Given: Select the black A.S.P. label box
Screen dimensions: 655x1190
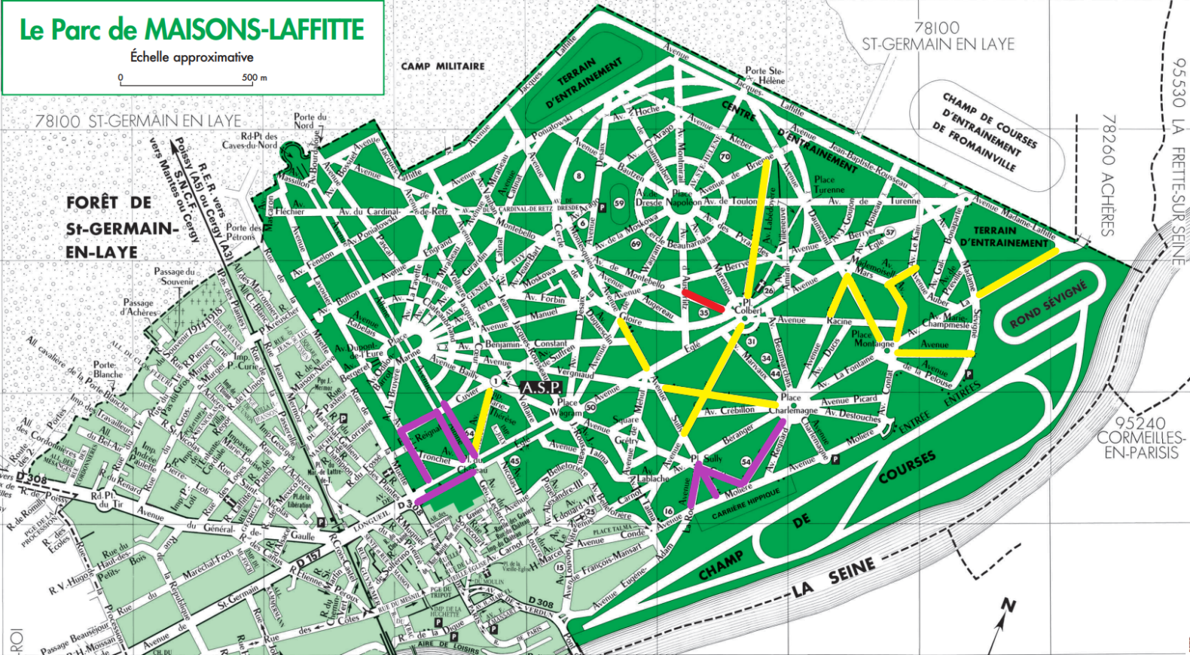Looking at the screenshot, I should tap(541, 387).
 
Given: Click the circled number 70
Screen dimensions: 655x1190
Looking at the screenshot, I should tap(725, 157).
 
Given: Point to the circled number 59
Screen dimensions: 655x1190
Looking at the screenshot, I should tap(619, 203).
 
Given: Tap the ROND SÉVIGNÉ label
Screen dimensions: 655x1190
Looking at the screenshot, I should tap(1048, 303).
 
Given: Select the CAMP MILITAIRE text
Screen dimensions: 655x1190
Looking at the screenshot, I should tap(443, 66).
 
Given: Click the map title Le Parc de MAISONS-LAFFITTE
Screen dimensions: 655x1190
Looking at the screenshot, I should tap(191, 30).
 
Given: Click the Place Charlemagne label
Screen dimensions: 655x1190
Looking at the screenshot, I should tap(792, 404).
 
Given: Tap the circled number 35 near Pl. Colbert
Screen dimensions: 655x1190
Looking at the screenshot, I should tap(704, 312).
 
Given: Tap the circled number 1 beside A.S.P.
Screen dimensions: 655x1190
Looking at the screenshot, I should tap(496, 382).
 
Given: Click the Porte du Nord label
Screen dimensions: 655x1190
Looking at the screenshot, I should tap(310, 120).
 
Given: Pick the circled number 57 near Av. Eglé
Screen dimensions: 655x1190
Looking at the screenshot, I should tap(890, 233).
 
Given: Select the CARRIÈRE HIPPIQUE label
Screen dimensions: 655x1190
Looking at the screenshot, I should tap(746, 504).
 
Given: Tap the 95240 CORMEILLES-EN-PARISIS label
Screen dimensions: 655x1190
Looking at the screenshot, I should tap(1141, 438).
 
